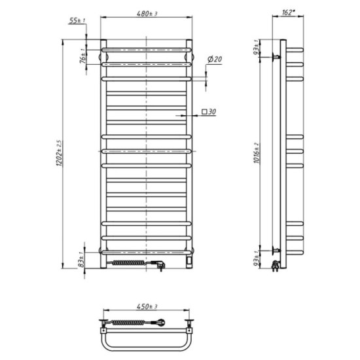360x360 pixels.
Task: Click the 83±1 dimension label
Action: point(82,262)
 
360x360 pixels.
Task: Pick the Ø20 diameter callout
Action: point(214,60)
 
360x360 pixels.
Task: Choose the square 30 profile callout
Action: point(209,113)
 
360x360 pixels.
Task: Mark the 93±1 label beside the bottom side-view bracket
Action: point(260,261)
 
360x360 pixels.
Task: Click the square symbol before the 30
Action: point(205,113)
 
